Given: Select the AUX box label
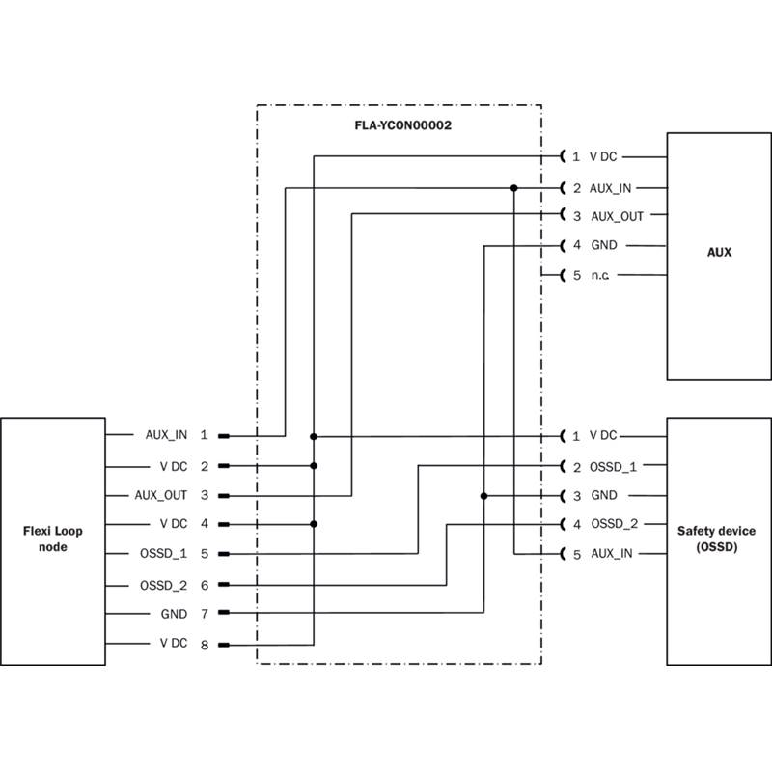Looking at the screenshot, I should coord(719,253).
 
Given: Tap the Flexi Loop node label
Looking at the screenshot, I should coord(52,538).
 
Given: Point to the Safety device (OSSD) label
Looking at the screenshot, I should coord(716,538).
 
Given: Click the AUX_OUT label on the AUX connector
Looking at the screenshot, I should coord(617,216).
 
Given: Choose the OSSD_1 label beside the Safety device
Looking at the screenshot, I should coord(614,467).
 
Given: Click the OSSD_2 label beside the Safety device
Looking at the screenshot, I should coord(614,524).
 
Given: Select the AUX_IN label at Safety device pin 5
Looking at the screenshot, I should coord(611,554).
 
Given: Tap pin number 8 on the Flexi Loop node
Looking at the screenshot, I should coord(204,644).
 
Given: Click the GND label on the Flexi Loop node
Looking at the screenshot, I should coord(175,614).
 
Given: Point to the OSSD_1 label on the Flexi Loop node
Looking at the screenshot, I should coord(163,554).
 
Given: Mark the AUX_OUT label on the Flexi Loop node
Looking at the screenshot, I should coord(161,495).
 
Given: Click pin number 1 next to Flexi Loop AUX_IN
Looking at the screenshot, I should coord(204,435).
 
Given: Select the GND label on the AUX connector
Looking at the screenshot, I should coord(604,246).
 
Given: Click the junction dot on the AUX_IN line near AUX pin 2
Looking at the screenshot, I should coord(514,187).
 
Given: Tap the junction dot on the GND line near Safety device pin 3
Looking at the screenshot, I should coord(483,496).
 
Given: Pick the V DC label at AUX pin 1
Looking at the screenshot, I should coord(603,156).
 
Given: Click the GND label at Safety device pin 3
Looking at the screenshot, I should coord(604,496).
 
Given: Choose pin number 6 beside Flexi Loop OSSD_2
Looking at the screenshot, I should coord(204,585).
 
